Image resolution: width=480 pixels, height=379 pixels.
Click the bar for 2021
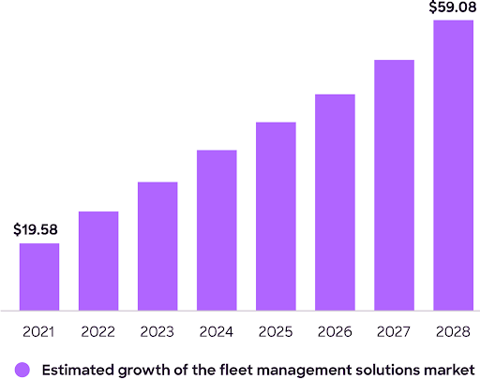pos(39,276)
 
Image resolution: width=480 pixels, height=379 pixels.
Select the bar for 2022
pos(98,260)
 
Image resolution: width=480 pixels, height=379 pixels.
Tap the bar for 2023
pos(157,245)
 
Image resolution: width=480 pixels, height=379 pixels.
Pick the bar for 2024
pos(217,229)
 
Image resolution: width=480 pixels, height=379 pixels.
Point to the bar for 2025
pos(276,215)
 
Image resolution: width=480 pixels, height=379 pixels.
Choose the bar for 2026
pos(335,201)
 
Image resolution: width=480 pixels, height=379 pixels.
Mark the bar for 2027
pos(394,184)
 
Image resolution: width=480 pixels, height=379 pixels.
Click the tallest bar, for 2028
pos(453,165)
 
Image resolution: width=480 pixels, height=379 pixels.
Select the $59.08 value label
pos(453,7)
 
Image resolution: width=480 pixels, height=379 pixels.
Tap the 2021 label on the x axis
pos(39,331)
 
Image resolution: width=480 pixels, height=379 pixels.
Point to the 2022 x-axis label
pos(98,331)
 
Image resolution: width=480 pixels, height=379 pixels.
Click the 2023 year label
pos(157,331)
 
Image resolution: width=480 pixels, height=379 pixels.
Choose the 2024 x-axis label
pos(217,331)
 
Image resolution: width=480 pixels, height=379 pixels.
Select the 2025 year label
pos(276,331)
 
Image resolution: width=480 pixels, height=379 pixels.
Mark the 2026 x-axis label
pos(335,331)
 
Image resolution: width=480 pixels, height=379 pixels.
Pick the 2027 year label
pos(394,331)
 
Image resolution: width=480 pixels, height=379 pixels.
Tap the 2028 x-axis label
pos(453,331)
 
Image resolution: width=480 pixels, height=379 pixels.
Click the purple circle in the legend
pos(22,369)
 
